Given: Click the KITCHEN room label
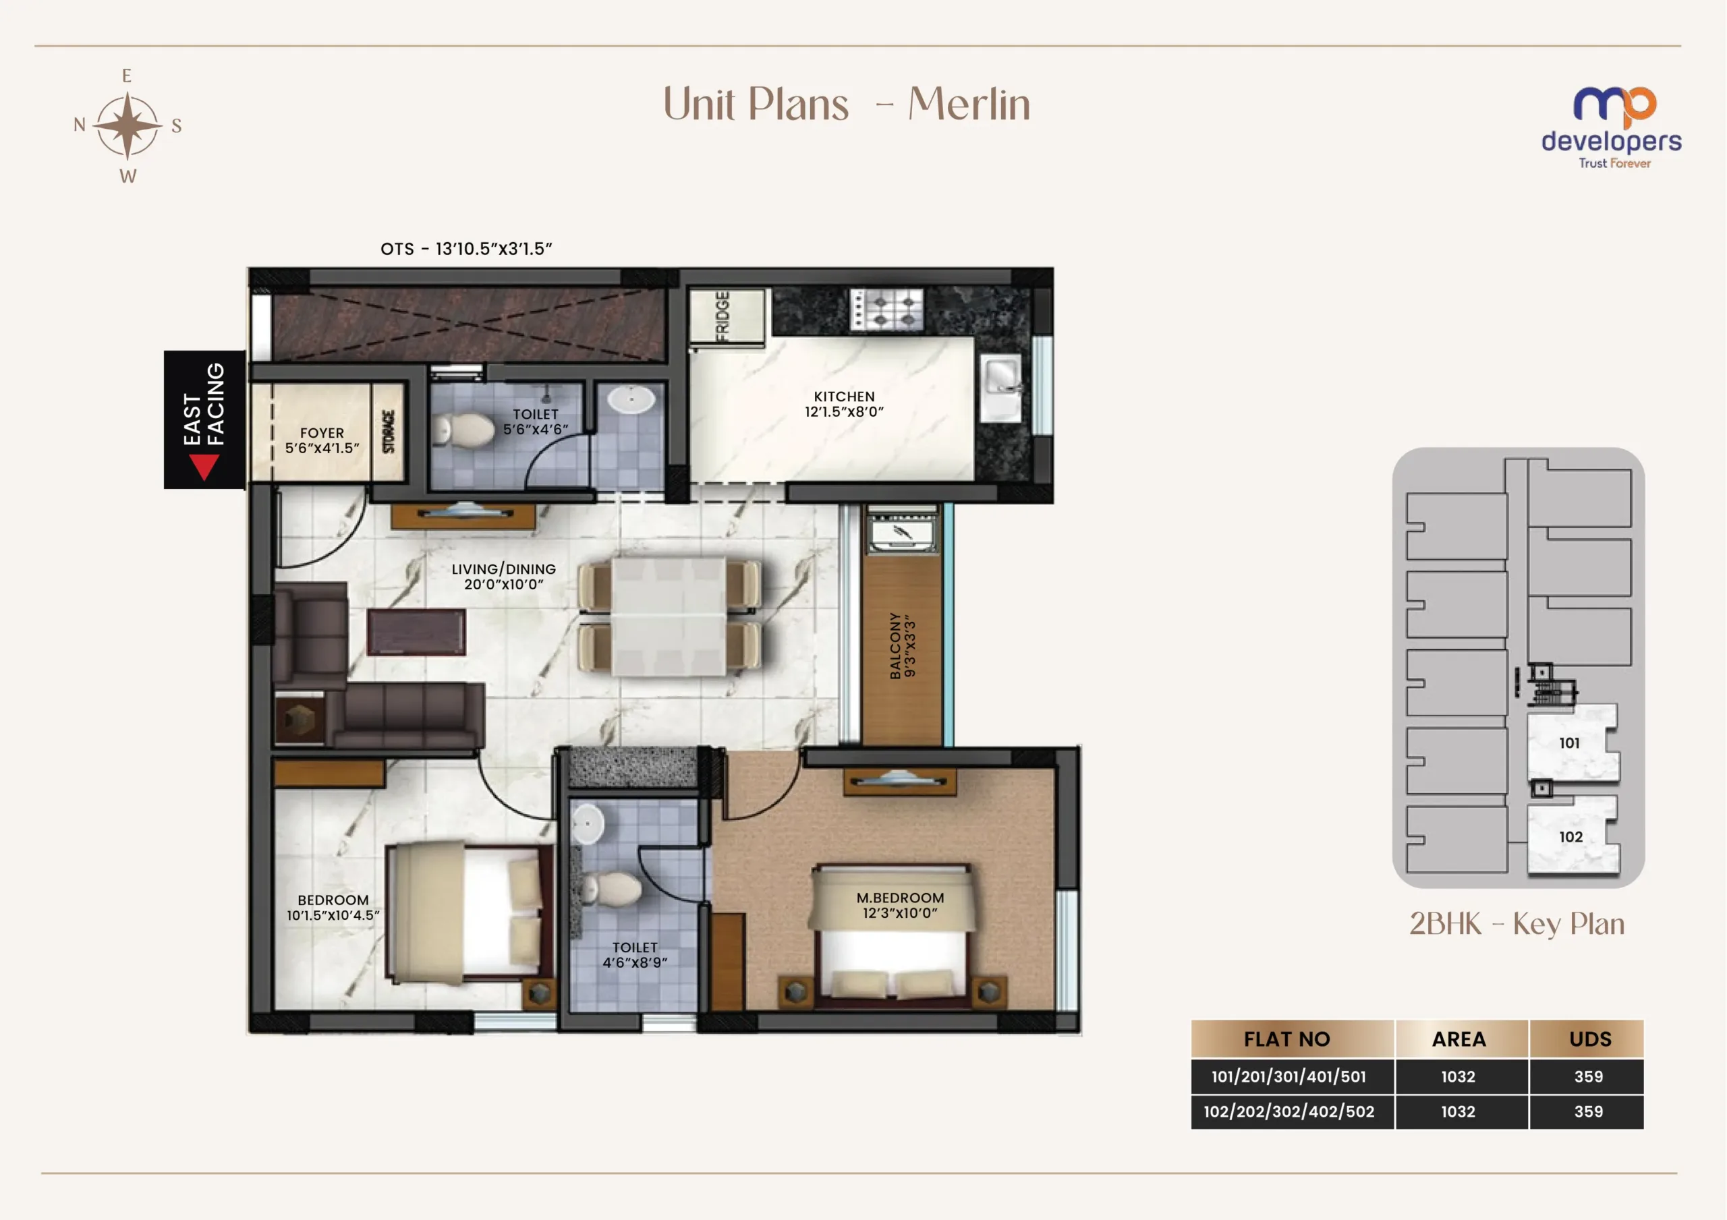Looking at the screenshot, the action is [844, 404].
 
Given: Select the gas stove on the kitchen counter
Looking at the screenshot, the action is [886, 309].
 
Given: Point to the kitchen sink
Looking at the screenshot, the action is [1001, 388].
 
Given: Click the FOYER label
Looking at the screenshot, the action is [322, 440].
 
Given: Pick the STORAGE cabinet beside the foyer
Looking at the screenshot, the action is [389, 432].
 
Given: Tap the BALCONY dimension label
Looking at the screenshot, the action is [902, 645].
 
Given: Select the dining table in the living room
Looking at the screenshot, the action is [669, 616].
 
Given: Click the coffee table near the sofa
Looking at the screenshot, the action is [416, 632].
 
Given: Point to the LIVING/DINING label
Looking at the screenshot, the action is [504, 576].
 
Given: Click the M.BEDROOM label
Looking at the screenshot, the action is [900, 905].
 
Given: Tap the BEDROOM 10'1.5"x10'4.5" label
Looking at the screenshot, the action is [333, 907].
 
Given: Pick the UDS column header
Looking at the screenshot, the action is [1589, 1039].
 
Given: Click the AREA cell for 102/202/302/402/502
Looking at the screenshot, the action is [1458, 1111].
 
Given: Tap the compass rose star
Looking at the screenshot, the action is [128, 125].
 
